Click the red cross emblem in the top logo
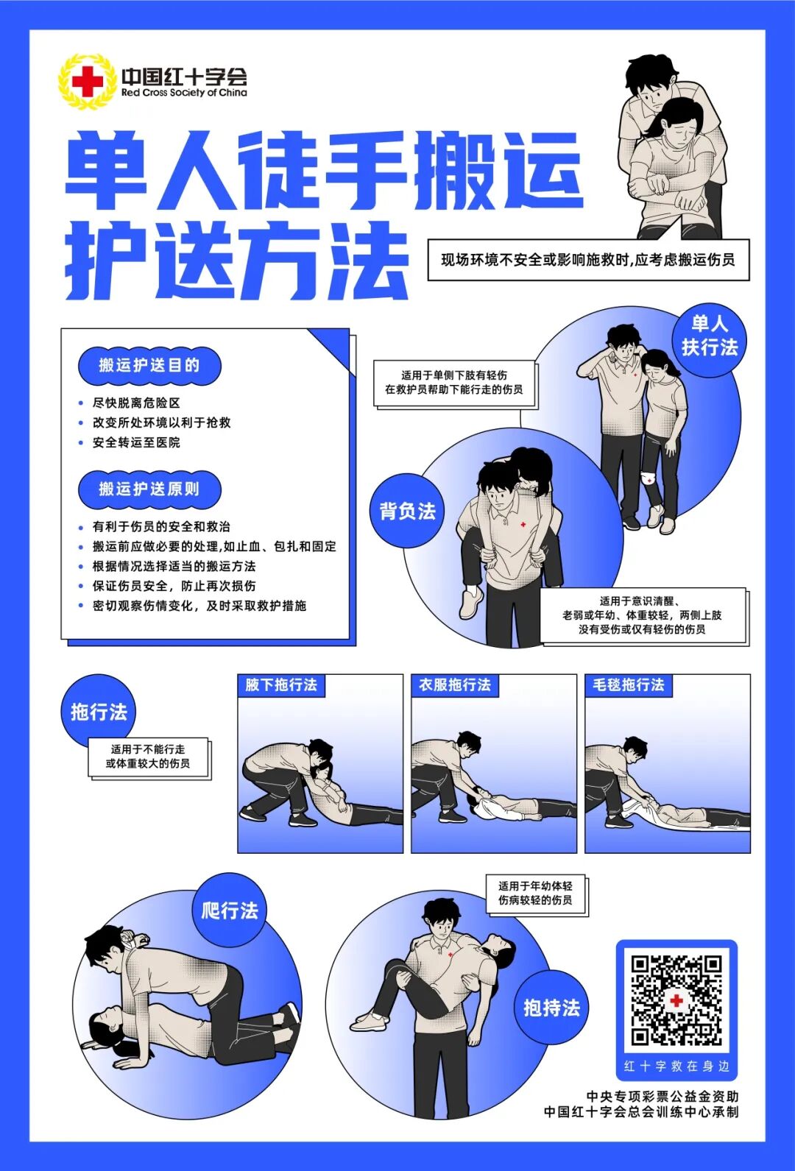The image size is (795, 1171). [x=87, y=82]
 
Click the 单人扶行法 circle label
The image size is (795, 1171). [x=709, y=336]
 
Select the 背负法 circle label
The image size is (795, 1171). [x=407, y=511]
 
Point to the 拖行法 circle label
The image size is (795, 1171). [x=99, y=712]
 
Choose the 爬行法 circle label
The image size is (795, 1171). [x=230, y=910]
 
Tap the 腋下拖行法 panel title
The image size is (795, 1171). [x=280, y=685]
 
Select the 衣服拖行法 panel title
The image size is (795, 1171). [x=454, y=685]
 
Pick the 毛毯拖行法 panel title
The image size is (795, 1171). [x=628, y=685]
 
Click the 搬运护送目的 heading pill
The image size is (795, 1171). [x=149, y=365]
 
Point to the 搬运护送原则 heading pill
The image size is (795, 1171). [x=149, y=489]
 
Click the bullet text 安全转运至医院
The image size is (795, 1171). [x=136, y=442]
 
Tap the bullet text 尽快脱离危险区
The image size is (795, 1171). [x=136, y=403]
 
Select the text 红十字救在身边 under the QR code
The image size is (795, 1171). [x=676, y=1066]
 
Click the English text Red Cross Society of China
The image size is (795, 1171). [x=184, y=93]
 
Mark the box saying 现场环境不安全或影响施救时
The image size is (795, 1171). [x=588, y=260]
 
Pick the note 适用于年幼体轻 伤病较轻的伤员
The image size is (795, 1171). [x=535, y=893]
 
